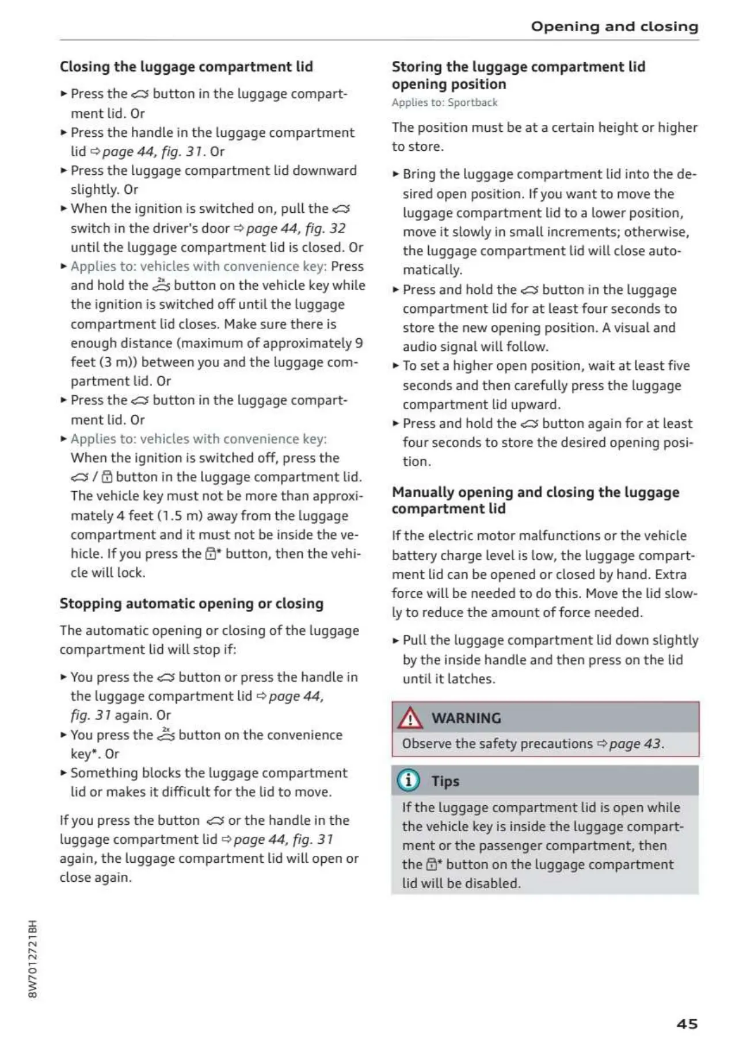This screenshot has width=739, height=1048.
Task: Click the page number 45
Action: pyautogui.click(x=687, y=1024)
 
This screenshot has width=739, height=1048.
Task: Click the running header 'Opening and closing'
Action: pyautogui.click(x=614, y=26)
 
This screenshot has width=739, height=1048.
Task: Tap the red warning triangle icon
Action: pyautogui.click(x=410, y=718)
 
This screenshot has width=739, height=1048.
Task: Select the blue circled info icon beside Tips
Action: pyautogui.click(x=408, y=781)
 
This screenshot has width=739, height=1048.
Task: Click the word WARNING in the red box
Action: pyautogui.click(x=466, y=718)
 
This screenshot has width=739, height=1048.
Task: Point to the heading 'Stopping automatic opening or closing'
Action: pyautogui.click(x=192, y=603)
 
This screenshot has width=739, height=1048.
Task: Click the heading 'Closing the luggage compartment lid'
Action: pyautogui.click(x=186, y=67)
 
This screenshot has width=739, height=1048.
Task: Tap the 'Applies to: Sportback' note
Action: pyautogui.click(x=444, y=102)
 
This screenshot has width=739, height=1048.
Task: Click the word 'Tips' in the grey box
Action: pyautogui.click(x=445, y=781)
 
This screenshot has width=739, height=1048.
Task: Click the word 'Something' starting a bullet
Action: pyautogui.click(x=104, y=772)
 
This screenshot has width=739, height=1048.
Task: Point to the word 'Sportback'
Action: pyautogui.click(x=473, y=102)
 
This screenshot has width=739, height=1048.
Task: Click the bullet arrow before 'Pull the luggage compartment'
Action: pyautogui.click(x=395, y=641)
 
